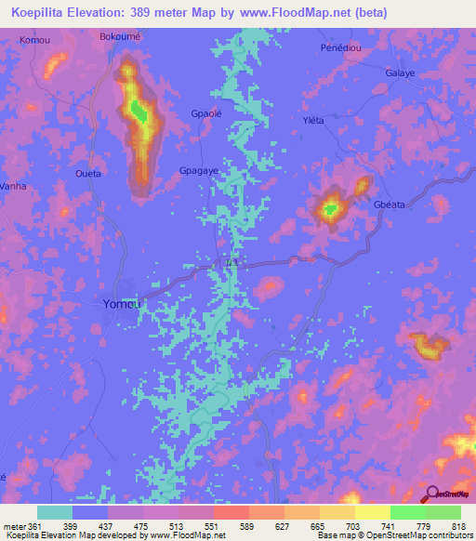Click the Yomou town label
(x=122, y=304)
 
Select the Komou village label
(x=35, y=42)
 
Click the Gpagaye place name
(x=199, y=171)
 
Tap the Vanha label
(x=13, y=185)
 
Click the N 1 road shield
(x=231, y=264)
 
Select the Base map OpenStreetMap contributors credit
(x=392, y=535)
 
